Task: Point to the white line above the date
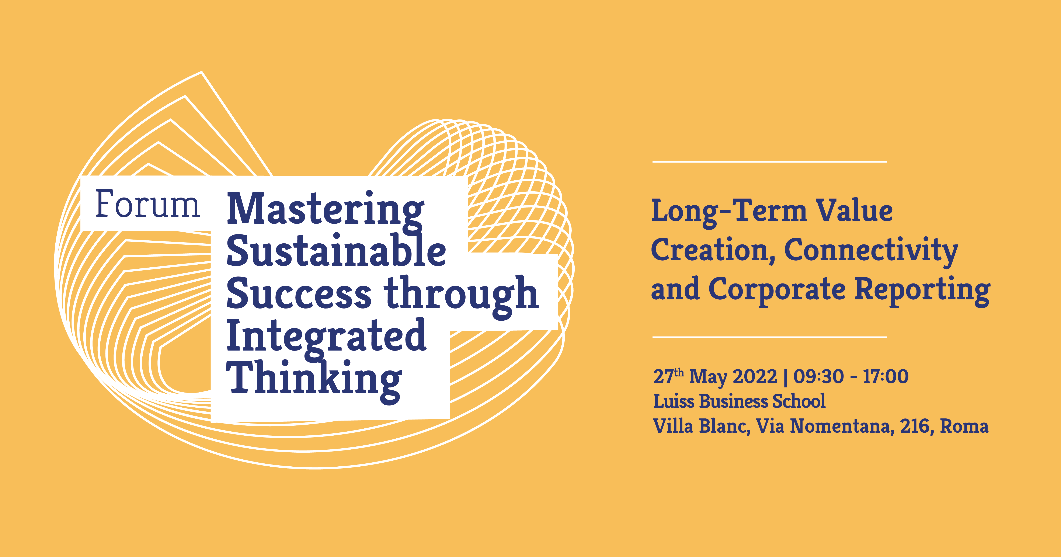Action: coord(769,337)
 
